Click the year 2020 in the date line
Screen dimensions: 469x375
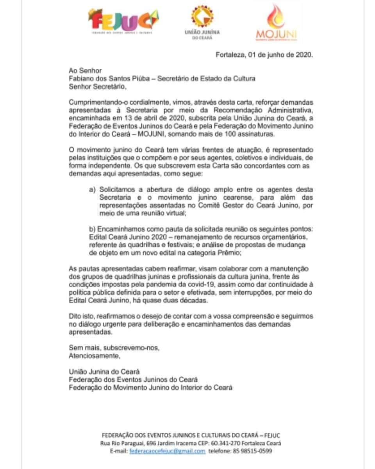pyautogui.click(x=304, y=55)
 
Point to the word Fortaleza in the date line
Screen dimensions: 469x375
pyautogui.click(x=230, y=55)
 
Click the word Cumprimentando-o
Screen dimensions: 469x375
pyautogui.click(x=93, y=102)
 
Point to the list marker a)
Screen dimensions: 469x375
pyautogui.click(x=92, y=189)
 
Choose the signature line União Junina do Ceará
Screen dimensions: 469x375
pyautogui.click(x=104, y=372)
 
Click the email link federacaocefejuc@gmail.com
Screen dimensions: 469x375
pyautogui.click(x=167, y=451)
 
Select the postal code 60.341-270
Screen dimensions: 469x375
pyautogui.click(x=226, y=443)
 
